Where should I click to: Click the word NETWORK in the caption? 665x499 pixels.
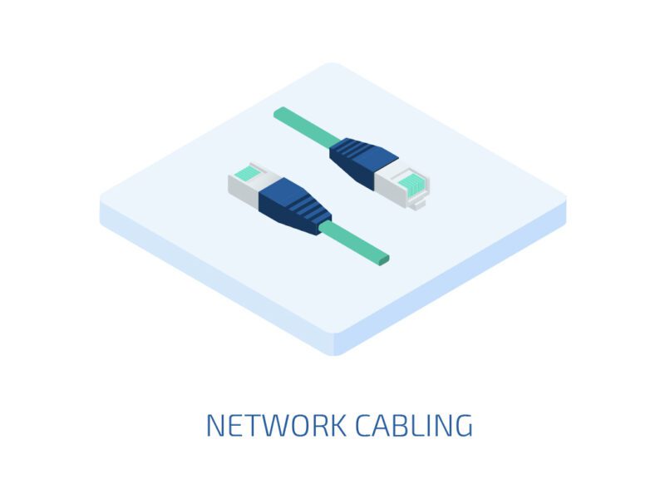[276, 425]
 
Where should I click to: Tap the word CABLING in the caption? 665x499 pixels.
[414, 425]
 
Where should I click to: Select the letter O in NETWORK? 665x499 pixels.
[301, 425]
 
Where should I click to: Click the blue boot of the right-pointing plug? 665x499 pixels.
[363, 161]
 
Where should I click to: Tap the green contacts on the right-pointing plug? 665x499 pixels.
[409, 182]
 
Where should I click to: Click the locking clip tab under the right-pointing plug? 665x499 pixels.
[419, 203]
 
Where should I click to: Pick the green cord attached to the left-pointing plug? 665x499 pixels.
[354, 243]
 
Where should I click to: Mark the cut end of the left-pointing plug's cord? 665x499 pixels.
[384, 259]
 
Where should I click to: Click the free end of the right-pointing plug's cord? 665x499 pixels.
[278, 112]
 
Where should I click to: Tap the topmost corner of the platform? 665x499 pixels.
[332, 63]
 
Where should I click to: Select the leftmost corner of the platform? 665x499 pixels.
[101, 200]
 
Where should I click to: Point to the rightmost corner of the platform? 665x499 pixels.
[565, 200]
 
